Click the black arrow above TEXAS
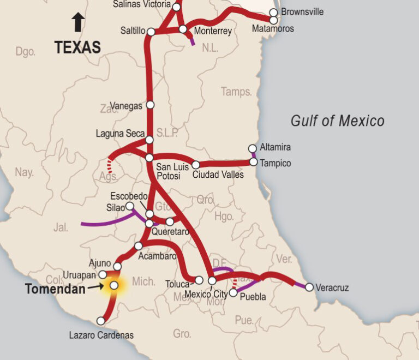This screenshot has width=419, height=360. click(78, 23)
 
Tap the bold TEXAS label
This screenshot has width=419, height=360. click(78, 47)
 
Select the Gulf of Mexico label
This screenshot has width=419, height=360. click(337, 121)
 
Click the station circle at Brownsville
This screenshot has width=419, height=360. click(273, 12)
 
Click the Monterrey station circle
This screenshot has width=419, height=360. click(183, 29)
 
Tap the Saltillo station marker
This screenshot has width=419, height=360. click(151, 32)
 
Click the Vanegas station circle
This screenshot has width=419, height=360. click(151, 104)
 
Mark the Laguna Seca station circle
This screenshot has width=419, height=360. click(150, 140)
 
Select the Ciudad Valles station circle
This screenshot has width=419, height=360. click(196, 165)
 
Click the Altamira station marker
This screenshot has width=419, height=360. click(252, 148)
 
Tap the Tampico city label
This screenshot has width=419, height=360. click(276, 163)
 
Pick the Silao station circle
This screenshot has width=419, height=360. click(130, 206)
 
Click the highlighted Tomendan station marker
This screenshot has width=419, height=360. click(114, 285)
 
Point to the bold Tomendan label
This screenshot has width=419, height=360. click(55, 289)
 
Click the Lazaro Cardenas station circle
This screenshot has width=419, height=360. click(101, 321)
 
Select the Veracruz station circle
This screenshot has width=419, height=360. click(309, 287)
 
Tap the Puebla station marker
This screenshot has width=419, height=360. click(233, 293)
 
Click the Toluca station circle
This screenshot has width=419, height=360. click(199, 280)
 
